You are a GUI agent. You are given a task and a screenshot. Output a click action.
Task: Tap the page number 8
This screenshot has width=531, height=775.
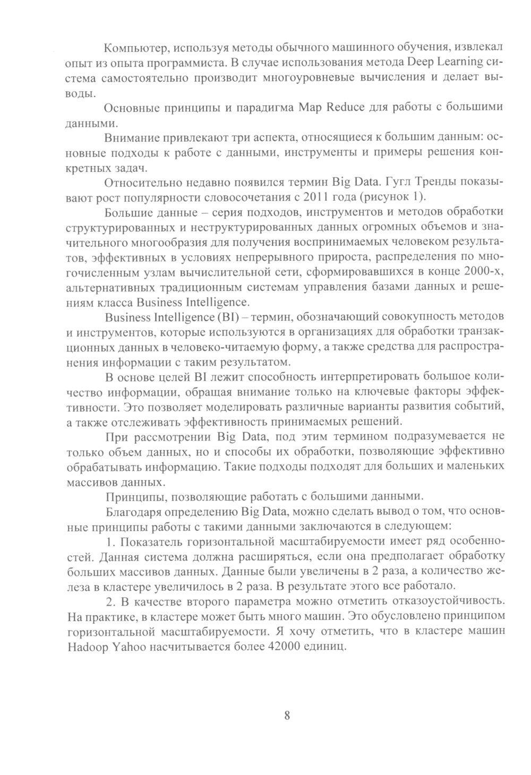[x=287, y=715]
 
